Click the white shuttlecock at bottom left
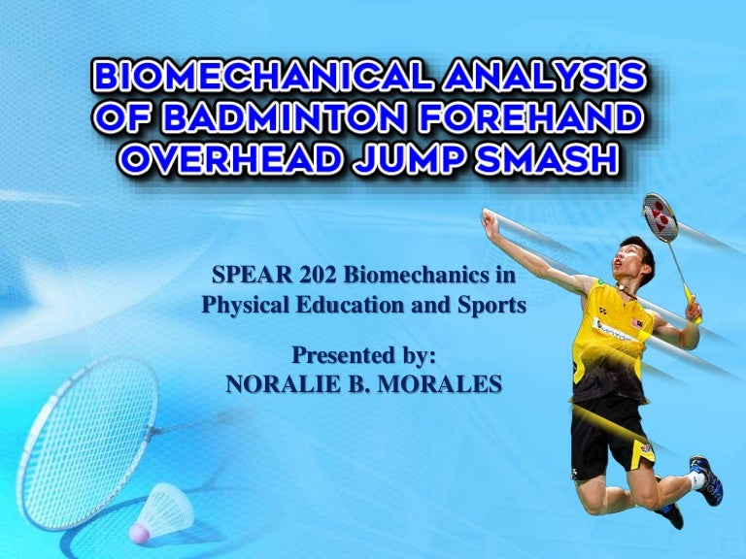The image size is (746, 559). click(160, 510)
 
